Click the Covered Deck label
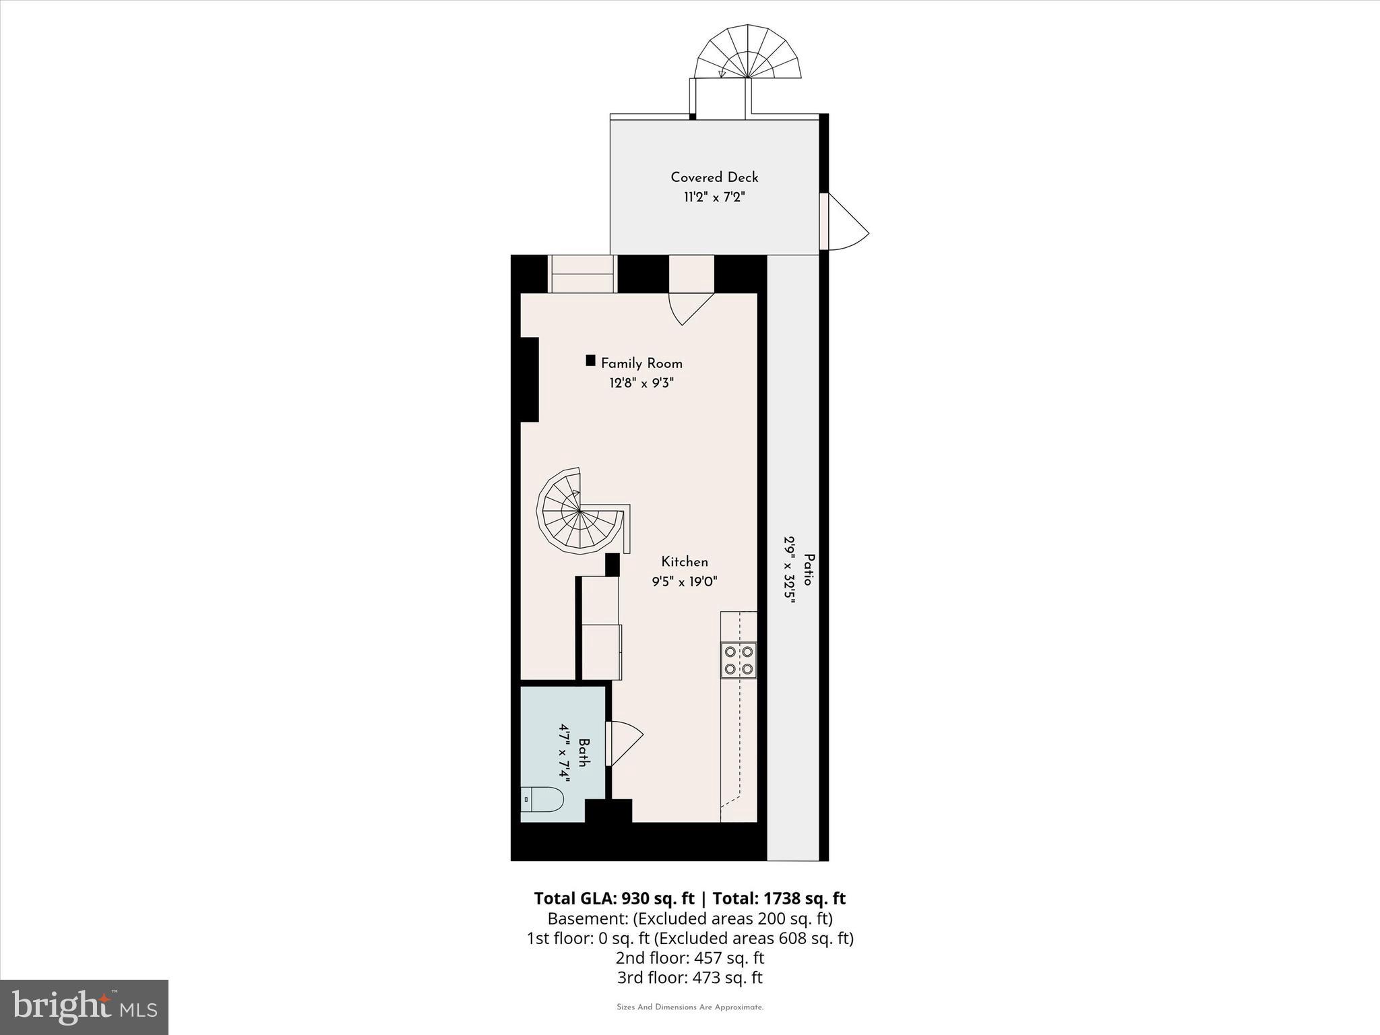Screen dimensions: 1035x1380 coord(714,177)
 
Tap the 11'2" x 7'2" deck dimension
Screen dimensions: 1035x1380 coord(714,197)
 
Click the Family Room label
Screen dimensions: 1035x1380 coord(641,364)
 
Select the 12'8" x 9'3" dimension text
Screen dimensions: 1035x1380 coord(641,383)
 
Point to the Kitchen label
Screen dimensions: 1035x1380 coord(685,562)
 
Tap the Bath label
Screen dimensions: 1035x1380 coord(584,753)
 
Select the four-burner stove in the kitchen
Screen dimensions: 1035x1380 coord(739,660)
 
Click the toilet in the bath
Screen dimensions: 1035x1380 coord(542,801)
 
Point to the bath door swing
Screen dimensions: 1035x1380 coord(623,743)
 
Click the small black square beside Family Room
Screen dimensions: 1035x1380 coord(590,360)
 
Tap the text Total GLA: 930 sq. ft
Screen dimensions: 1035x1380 coord(614,899)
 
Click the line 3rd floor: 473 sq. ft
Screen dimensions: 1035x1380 coord(689,978)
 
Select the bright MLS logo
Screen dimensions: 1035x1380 coord(84,1007)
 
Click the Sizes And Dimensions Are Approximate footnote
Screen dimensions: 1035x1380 coord(690,1007)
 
